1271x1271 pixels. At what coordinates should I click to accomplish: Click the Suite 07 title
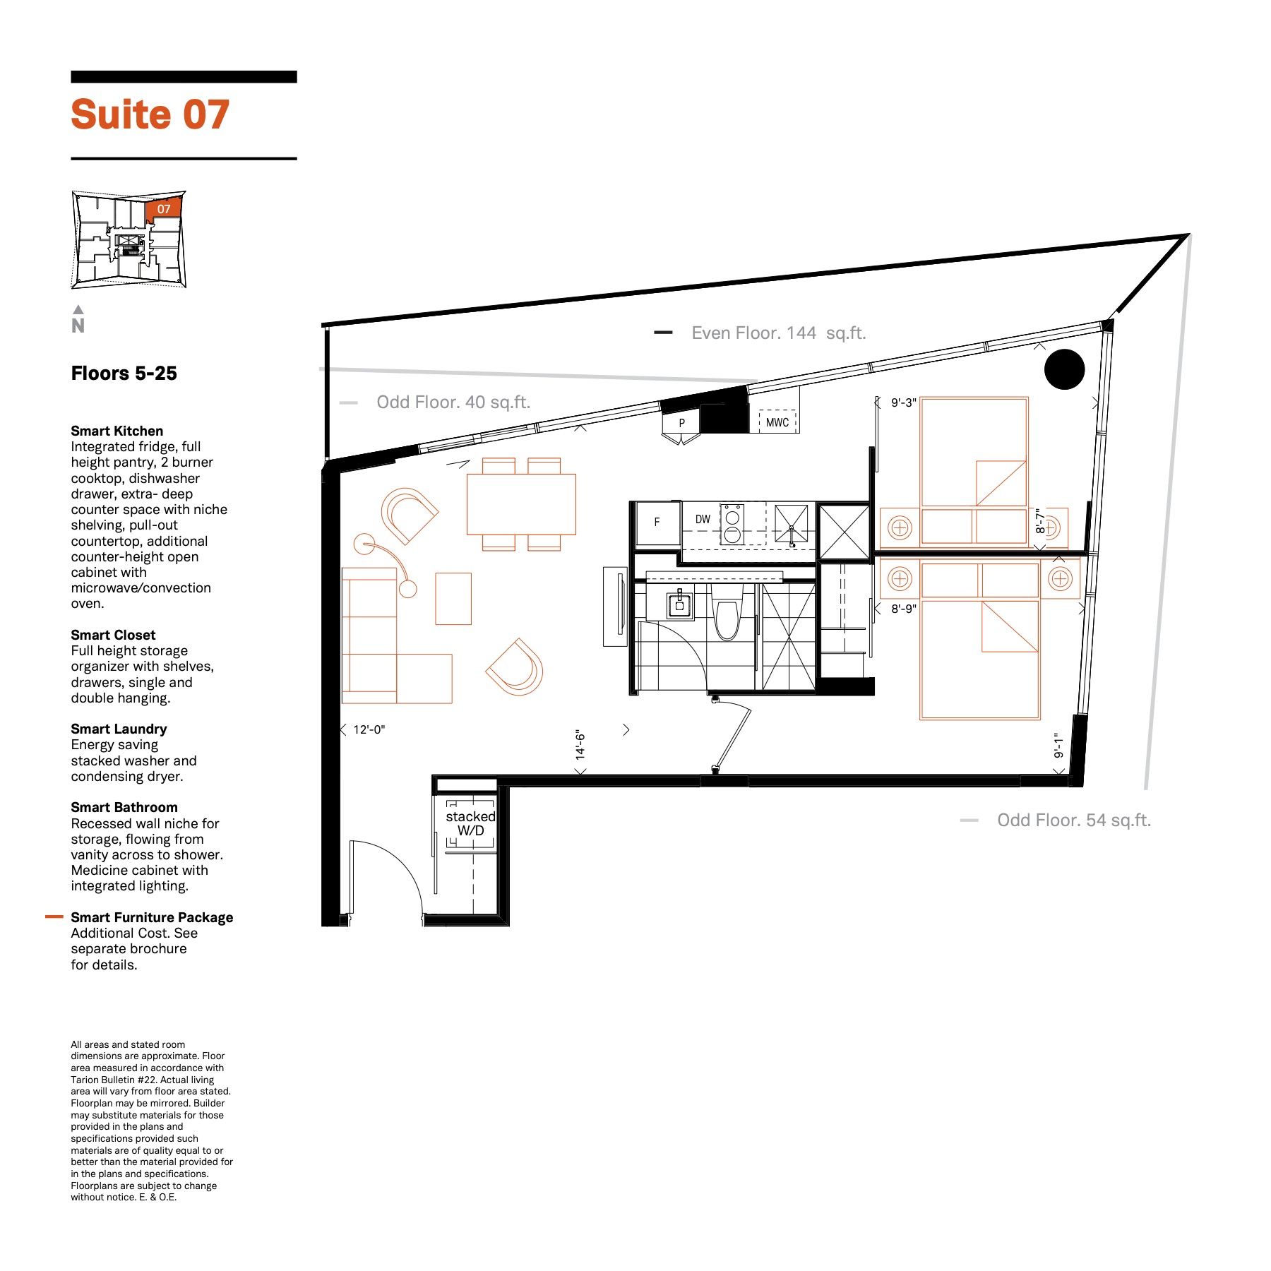point(150,114)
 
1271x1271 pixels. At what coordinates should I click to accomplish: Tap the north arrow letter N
point(78,326)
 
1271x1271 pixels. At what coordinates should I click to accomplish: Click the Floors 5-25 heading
point(124,374)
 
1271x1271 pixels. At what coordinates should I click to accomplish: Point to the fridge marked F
point(657,523)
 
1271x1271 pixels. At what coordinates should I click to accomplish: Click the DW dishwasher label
point(703,520)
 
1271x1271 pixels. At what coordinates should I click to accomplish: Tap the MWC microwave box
point(777,422)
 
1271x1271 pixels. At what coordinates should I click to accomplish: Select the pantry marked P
point(681,423)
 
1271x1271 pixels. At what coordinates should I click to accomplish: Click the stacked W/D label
point(470,823)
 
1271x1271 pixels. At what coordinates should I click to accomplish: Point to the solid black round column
point(1064,369)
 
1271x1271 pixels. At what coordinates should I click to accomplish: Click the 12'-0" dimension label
point(369,729)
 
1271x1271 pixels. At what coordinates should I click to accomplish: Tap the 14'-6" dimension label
point(580,745)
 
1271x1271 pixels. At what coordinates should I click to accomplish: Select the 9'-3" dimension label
point(903,402)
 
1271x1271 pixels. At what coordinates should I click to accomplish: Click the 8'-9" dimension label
point(903,609)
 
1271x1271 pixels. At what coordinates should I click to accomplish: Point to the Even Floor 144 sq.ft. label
point(778,333)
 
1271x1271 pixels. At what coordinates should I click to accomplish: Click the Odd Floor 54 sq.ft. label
point(1074,821)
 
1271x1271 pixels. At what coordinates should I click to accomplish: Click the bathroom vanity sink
point(679,604)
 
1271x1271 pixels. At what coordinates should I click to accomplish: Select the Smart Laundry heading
point(119,729)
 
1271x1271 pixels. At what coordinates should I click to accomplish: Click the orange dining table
point(521,504)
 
